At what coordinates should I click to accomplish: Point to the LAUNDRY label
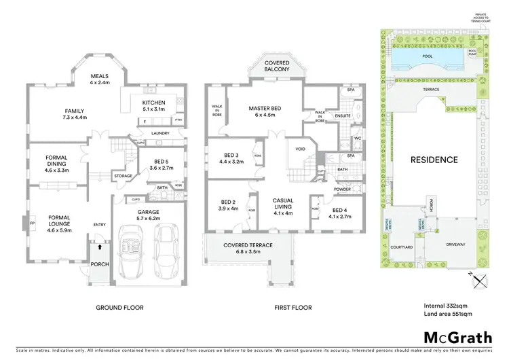(161, 133)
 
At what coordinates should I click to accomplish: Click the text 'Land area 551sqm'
(444, 313)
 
